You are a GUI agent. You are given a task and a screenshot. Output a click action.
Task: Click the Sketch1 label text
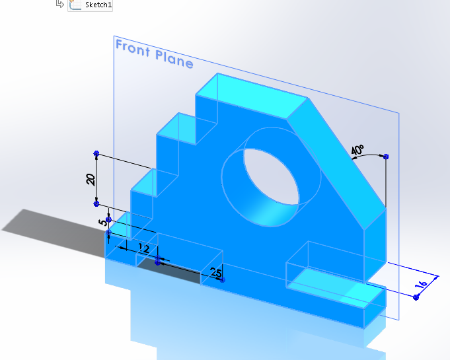pyautogui.click(x=99, y=5)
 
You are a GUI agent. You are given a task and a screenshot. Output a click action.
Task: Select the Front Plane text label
pyautogui.click(x=154, y=54)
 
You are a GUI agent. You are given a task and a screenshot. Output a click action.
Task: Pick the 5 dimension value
pyautogui.click(x=101, y=223)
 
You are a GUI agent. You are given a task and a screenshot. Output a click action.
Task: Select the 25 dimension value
pyautogui.click(x=215, y=272)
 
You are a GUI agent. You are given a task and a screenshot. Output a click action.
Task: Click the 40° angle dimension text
pyautogui.click(x=357, y=151)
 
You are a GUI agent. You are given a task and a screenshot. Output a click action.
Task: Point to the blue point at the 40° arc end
pyautogui.click(x=386, y=157)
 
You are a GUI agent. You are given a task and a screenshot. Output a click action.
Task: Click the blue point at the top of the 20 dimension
pyautogui.click(x=96, y=153)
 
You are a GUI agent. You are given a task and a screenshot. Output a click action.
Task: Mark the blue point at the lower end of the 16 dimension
pyautogui.click(x=416, y=298)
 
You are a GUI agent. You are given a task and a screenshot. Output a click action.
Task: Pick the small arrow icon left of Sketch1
pyautogui.click(x=60, y=4)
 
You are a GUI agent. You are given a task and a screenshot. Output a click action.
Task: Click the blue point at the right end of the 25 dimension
pyautogui.click(x=223, y=279)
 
